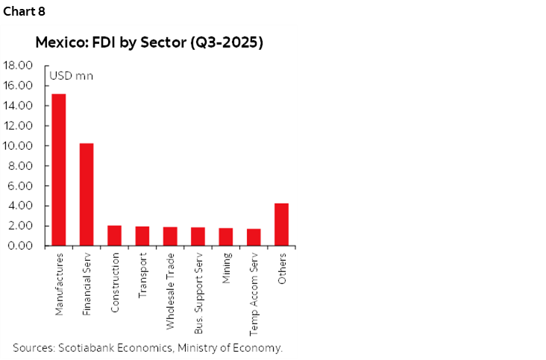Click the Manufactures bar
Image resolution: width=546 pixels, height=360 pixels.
tap(58, 170)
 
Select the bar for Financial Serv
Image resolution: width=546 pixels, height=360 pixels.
tap(87, 195)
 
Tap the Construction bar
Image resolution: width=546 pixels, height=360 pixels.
tap(114, 236)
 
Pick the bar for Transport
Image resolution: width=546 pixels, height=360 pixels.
tap(142, 236)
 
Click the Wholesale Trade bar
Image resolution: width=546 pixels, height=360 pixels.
tap(170, 236)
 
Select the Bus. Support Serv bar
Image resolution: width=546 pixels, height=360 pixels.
tap(198, 236)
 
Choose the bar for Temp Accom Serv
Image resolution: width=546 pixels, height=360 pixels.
tap(254, 237)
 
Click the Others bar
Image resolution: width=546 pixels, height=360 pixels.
tap(281, 224)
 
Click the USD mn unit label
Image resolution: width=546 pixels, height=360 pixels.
tap(71, 75)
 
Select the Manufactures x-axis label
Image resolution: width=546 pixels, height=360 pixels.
tap(59, 284)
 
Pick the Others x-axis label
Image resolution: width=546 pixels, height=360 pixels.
tap(282, 268)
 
